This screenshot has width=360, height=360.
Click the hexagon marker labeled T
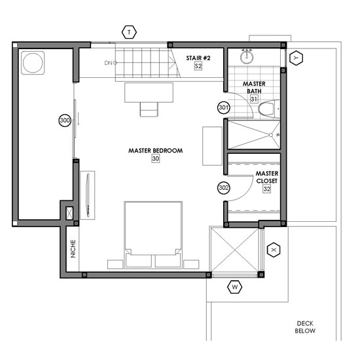(x=129, y=32)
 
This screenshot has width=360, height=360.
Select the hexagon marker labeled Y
(x=296, y=58)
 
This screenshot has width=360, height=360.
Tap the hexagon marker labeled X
(x=274, y=250)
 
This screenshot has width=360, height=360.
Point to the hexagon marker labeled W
(x=234, y=287)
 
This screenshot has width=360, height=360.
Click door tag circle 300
(x=65, y=120)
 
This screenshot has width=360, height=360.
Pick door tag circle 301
(x=224, y=107)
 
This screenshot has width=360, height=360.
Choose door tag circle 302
(x=224, y=188)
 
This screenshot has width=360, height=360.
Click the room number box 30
(x=155, y=158)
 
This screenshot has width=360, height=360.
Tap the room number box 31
(x=254, y=99)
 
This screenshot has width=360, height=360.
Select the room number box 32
(x=267, y=189)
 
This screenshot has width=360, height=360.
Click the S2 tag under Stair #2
(x=198, y=66)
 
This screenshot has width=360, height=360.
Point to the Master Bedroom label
(x=155, y=151)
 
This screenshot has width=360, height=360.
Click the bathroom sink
(x=247, y=56)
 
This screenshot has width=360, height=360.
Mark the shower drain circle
(x=271, y=135)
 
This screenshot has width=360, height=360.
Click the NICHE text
(x=73, y=249)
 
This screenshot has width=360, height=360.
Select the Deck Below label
(x=305, y=327)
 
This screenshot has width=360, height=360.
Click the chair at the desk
(x=149, y=109)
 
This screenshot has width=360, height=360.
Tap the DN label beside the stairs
(x=109, y=63)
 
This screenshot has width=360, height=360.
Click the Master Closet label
(x=267, y=177)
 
